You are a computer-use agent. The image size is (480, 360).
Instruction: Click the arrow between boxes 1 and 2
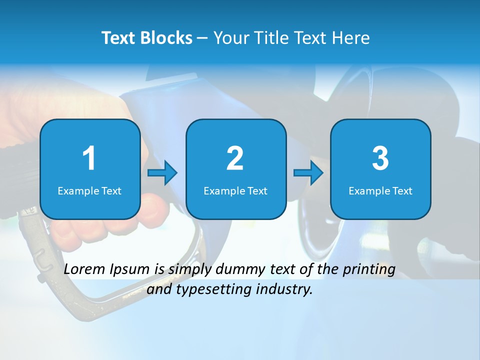coord(162,173)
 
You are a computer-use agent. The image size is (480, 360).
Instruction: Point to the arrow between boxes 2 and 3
coord(308,173)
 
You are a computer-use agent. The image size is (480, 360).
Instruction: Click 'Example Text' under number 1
coord(89,190)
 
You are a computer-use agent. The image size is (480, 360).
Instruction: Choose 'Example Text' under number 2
coord(235,190)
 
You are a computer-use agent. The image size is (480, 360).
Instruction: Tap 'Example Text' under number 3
coord(380,190)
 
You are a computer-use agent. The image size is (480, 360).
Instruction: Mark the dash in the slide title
coord(202,38)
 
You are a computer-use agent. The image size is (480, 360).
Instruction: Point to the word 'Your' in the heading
coord(230,38)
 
